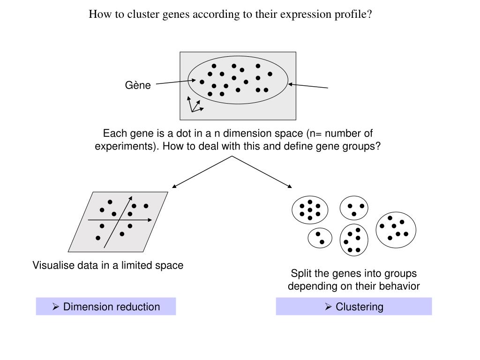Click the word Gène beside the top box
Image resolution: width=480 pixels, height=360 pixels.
tap(138, 85)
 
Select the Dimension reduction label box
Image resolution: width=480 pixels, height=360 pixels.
tap(106, 307)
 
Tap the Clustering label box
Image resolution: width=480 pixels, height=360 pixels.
tap(354, 307)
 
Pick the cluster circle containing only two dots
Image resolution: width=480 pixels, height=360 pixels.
tap(320, 238)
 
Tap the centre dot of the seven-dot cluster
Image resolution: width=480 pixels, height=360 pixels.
tap(310, 210)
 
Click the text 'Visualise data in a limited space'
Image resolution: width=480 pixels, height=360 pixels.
tap(108, 266)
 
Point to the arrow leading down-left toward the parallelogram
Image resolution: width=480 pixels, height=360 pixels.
tap(202, 172)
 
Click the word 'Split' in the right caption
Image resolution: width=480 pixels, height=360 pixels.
tap(300, 274)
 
